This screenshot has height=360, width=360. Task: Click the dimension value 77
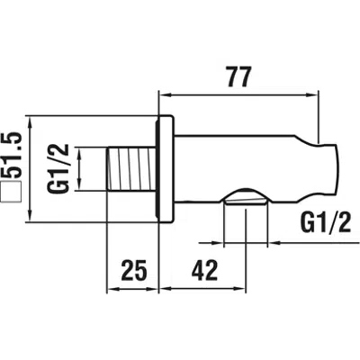tap(238, 76)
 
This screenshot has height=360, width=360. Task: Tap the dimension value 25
tap(134, 270)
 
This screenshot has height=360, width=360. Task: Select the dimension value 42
tap(204, 270)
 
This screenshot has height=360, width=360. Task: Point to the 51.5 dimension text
tap(12, 155)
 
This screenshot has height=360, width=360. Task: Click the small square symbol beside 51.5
tap(11, 192)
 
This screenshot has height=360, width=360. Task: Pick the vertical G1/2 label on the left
tap(58, 168)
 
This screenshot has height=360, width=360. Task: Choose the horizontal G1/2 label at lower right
tap(325, 223)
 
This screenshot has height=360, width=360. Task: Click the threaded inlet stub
tap(131, 168)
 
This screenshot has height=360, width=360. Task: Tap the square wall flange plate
tap(165, 169)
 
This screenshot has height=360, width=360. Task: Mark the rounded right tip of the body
tap(336, 169)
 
